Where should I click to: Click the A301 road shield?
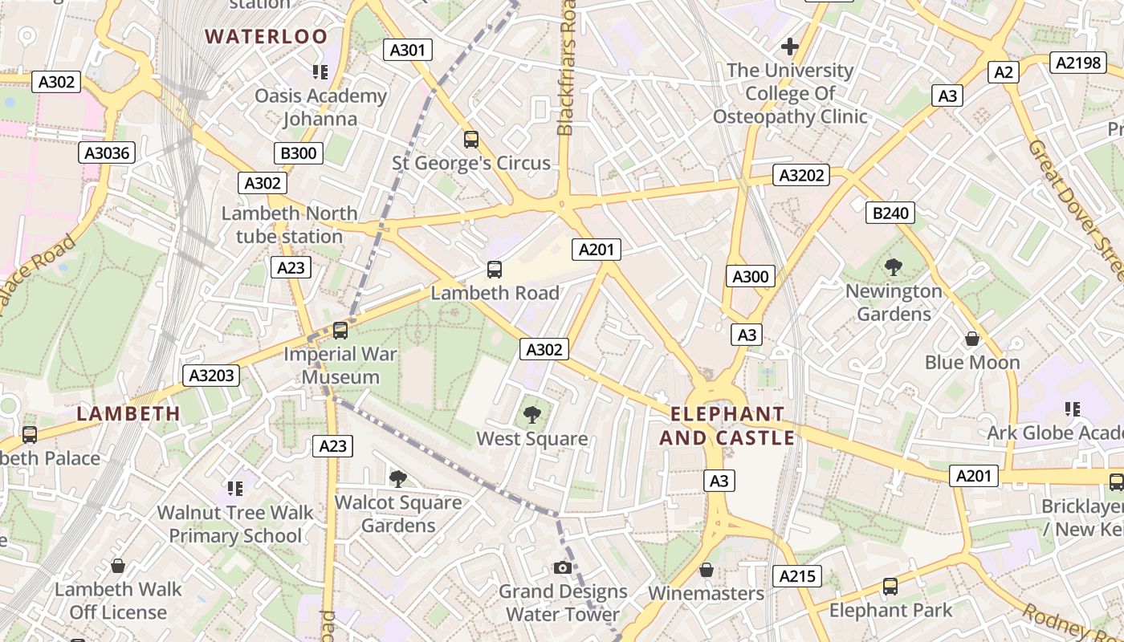[x=407, y=50]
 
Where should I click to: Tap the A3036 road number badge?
[x=108, y=152]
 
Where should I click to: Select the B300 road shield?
[x=298, y=153]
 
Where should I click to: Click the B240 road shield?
[x=890, y=213]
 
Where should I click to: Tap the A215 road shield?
[x=797, y=575]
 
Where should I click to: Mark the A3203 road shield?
[x=212, y=375]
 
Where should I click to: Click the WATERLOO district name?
[x=267, y=36]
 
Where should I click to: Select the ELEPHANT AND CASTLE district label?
[x=727, y=426]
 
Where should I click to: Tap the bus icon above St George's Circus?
[x=471, y=139]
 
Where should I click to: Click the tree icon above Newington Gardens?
[x=893, y=266]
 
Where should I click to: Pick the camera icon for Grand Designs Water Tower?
[x=563, y=567]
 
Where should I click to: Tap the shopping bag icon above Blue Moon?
[x=971, y=339]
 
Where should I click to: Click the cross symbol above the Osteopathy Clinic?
[x=790, y=47]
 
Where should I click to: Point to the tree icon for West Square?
[x=531, y=414]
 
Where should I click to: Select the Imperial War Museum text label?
[x=341, y=365]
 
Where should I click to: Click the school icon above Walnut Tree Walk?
[x=234, y=488]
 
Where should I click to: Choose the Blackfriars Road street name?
[x=567, y=68]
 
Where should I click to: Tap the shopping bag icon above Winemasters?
[x=706, y=570]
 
